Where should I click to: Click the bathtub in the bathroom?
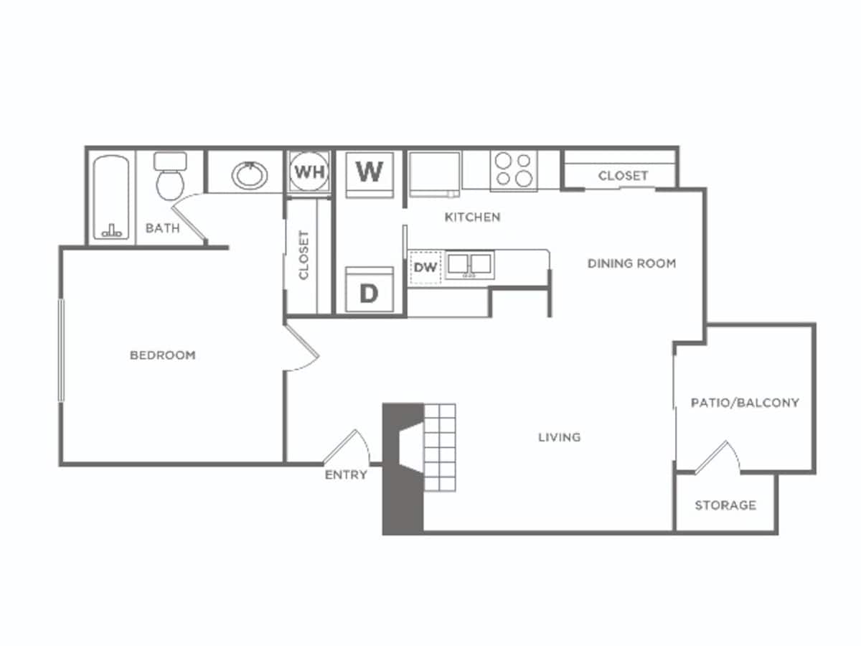[111, 197]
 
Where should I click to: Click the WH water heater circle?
[309, 172]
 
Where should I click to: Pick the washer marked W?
[370, 172]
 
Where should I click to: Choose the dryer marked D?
[369, 291]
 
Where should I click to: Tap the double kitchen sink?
[470, 265]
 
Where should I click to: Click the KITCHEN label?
[472, 217]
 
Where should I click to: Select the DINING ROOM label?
[631, 263]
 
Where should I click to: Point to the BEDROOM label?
[162, 355]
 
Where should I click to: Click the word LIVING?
[559, 437]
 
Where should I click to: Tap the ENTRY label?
[346, 475]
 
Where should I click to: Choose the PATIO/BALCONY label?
[745, 403]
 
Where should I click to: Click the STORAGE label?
[725, 505]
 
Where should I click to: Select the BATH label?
[162, 229]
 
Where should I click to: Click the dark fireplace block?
[402, 470]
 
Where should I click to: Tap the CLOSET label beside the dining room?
[623, 176]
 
